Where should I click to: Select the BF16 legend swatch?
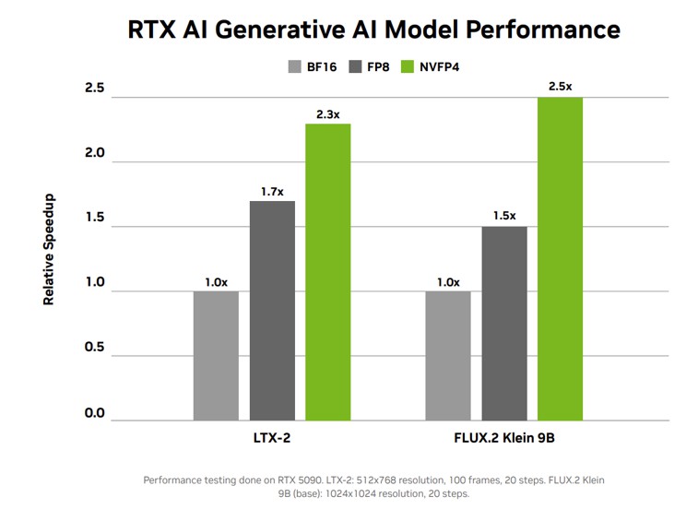point(295,66)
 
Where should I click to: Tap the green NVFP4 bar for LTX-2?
point(328,272)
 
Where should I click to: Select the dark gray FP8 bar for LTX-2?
point(272,311)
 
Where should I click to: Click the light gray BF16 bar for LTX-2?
point(216,356)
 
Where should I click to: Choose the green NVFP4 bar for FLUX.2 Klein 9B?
point(561,259)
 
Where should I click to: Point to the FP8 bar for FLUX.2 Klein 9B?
point(504,324)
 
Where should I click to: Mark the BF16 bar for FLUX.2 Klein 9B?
point(448,356)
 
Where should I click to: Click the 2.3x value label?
point(328,114)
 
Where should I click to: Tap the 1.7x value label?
point(272,192)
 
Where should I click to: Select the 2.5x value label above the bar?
point(561,87)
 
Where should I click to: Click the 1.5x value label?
point(504,217)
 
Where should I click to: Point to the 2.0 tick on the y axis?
point(95,154)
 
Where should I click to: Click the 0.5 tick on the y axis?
point(95,349)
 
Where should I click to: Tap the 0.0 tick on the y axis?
point(95,413)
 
